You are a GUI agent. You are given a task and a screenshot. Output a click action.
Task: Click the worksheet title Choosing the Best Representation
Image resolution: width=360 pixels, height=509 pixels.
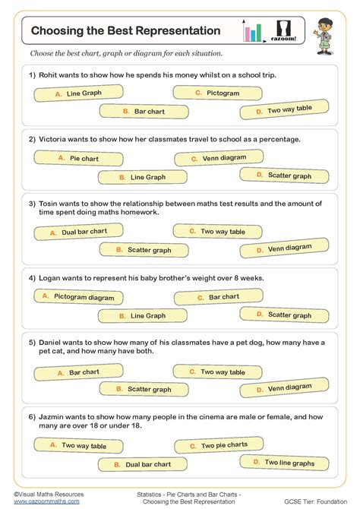[x=126, y=31]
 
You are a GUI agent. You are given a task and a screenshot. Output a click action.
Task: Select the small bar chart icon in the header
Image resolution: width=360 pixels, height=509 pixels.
[x=252, y=32]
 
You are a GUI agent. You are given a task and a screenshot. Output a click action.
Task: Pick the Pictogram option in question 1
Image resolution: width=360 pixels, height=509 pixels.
[x=217, y=93]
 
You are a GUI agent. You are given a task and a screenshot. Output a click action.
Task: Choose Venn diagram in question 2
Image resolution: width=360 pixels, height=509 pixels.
[x=217, y=158]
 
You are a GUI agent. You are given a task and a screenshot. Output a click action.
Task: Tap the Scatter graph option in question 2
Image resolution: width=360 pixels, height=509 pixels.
[x=284, y=175]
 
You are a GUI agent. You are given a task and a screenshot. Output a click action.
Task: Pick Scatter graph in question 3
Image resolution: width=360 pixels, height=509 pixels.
[x=144, y=249]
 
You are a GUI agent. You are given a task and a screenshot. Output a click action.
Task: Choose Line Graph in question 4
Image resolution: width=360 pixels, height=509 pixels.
[x=144, y=315]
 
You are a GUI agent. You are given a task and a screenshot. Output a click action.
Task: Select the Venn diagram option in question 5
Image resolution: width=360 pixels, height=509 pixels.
[x=284, y=388]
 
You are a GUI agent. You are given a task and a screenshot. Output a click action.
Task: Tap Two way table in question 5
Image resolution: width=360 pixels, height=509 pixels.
[x=217, y=371]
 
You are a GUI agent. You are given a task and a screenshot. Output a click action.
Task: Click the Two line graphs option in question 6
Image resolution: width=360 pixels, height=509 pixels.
[x=284, y=462]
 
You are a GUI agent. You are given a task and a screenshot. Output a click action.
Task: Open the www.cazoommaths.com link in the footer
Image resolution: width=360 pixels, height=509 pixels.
[x=46, y=501]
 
